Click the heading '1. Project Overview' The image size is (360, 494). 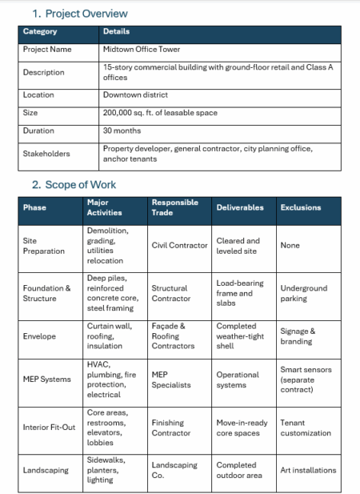(x=79, y=14)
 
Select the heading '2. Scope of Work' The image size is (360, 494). (x=74, y=185)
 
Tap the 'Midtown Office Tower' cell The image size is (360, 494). (x=142, y=50)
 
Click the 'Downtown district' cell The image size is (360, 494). (x=135, y=94)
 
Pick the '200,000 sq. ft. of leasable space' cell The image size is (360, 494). (x=160, y=113)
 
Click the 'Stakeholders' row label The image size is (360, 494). (x=46, y=154)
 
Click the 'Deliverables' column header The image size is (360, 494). (x=240, y=207)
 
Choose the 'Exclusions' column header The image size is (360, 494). (x=301, y=207)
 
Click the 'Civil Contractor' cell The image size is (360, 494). (x=179, y=245)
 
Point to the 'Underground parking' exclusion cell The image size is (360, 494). (x=304, y=293)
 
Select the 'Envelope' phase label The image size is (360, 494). (x=40, y=336)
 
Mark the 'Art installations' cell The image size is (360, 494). (x=308, y=470)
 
